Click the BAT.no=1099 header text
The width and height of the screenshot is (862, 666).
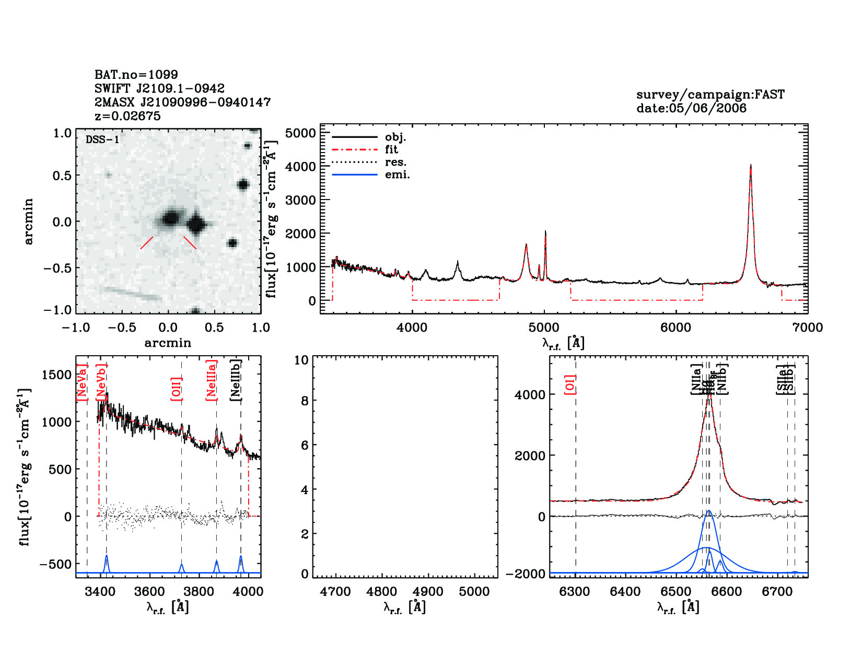[136, 75]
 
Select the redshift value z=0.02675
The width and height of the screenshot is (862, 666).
[127, 116]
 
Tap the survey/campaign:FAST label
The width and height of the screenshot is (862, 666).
[710, 95]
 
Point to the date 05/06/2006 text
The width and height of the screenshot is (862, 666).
[691, 108]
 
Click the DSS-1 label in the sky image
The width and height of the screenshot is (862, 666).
[102, 140]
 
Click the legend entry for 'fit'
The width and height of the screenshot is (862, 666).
[391, 149]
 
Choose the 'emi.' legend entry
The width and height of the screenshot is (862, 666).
[397, 174]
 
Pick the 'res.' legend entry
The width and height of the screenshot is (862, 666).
[395, 162]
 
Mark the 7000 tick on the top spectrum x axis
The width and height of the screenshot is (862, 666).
[808, 328]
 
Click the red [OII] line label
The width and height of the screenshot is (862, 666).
[177, 389]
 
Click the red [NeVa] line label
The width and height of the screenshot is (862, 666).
[82, 382]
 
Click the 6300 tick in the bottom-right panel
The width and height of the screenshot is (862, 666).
[575, 592]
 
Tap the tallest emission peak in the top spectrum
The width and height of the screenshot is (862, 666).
[751, 166]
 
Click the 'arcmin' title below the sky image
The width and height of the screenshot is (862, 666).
[168, 343]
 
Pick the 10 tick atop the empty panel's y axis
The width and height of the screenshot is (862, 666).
[301, 360]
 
